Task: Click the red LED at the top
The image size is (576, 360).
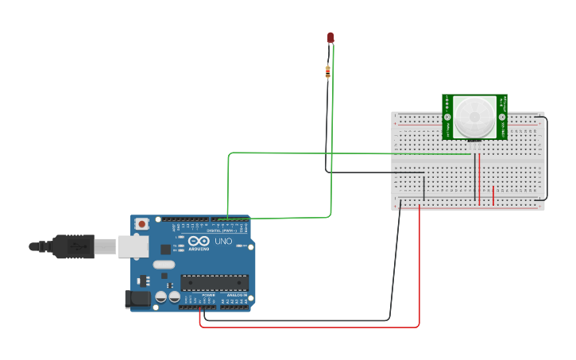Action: coord(331,37)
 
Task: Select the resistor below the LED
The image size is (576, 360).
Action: coord(328,72)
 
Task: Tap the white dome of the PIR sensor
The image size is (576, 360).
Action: coord(474,116)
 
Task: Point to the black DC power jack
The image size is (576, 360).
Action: coord(137,300)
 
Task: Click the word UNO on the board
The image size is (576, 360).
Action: coord(223,242)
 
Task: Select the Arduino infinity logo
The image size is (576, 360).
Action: coord(199,241)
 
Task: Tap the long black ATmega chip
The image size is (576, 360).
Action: coord(215,282)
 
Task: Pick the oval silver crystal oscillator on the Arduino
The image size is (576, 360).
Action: coord(164,265)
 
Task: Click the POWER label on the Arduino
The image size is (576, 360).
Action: coord(208,295)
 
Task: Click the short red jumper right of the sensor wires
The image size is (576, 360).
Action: coord(493,195)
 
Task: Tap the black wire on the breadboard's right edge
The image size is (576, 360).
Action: coord(546,159)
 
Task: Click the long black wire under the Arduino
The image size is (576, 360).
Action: coord(302,320)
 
